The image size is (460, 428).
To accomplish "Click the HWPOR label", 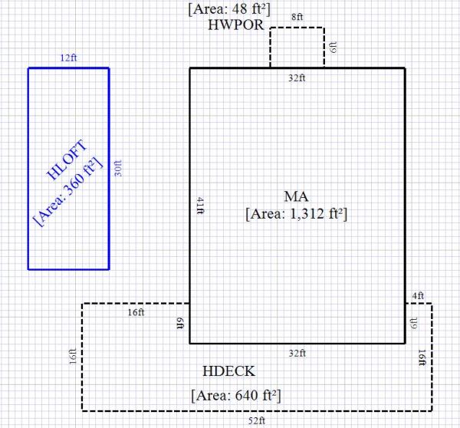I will point(236,25).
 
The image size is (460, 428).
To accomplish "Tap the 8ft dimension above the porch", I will point(297,17).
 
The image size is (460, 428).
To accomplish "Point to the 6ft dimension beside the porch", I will point(333,48).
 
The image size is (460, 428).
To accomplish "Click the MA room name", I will point(297,197).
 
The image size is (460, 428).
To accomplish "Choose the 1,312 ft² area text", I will point(297,214).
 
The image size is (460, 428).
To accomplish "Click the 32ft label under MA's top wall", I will point(297,77).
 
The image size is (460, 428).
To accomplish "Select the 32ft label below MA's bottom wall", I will point(297,353).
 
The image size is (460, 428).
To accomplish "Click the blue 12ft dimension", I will point(69,58).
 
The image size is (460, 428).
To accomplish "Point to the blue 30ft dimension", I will point(117,168).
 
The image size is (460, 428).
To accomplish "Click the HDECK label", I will point(229,372).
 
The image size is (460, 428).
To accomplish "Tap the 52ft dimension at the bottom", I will point(256,420).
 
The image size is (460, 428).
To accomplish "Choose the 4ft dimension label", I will point(417,295).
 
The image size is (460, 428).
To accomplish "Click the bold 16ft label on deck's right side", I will point(422,357).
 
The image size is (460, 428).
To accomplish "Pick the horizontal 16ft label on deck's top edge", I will point(136,312).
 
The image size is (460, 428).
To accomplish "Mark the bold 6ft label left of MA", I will point(180,323).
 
